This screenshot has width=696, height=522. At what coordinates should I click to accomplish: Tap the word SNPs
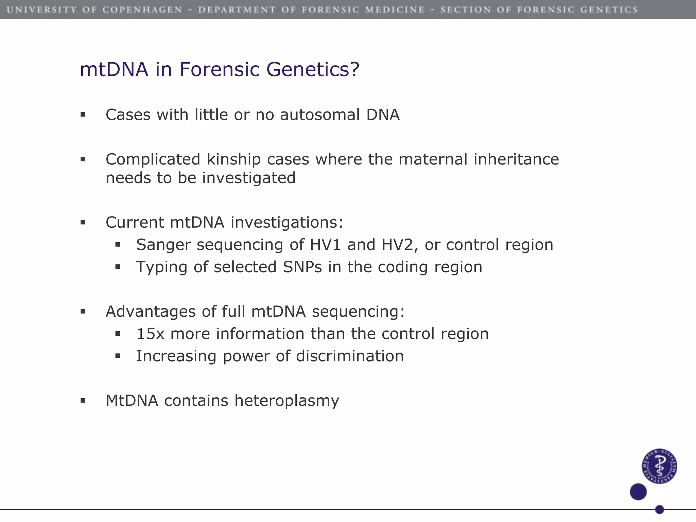[302, 267]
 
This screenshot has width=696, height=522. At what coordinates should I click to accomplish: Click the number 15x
[150, 334]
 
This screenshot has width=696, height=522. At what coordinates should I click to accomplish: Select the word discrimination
[350, 356]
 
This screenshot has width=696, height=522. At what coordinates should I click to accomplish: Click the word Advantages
[151, 312]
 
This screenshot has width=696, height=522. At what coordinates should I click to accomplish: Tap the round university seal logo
[659, 466]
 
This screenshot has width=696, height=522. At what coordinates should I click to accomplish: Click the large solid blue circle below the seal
[638, 492]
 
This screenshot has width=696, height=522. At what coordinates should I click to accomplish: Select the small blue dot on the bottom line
[659, 509]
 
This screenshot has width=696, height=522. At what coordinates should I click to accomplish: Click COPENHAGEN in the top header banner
[142, 10]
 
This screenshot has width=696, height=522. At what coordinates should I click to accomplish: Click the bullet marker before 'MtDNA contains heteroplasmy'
[83, 401]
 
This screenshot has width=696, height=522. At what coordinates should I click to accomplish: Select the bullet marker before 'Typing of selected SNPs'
[118, 267]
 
